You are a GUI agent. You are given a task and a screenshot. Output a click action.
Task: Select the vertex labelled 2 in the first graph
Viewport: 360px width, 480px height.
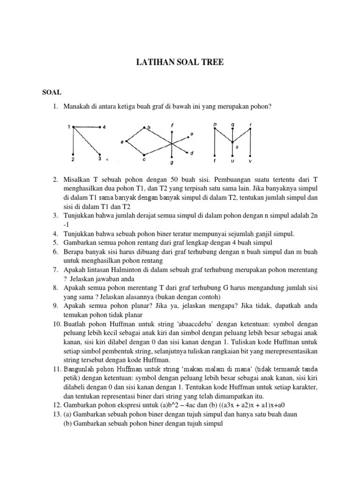click(74, 155)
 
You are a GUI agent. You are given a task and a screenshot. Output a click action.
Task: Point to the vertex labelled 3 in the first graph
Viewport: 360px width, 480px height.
click(100, 155)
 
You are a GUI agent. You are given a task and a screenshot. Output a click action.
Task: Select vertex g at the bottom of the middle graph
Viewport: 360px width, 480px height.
click(172, 157)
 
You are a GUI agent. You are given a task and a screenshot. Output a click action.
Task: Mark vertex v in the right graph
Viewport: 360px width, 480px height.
click(250, 156)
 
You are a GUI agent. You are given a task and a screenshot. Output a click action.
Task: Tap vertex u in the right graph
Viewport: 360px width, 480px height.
click(232, 156)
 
